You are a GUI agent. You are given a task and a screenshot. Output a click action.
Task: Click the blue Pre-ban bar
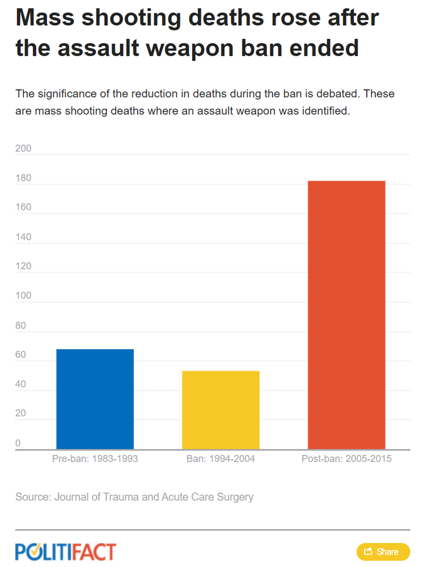(95, 399)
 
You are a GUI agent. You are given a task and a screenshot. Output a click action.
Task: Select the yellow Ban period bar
(221, 410)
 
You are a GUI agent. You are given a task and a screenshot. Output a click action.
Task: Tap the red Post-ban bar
(346, 315)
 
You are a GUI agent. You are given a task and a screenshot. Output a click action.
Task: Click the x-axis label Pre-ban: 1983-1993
(95, 459)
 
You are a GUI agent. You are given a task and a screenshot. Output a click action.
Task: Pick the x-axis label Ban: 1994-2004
(221, 459)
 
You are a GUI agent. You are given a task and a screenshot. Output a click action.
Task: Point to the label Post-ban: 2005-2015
(346, 459)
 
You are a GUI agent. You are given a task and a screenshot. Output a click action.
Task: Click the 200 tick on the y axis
(23, 148)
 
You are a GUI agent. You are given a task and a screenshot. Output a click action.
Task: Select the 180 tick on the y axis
(23, 178)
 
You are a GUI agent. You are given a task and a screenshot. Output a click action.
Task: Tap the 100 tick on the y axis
(23, 296)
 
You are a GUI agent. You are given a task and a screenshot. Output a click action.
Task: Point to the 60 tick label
(21, 354)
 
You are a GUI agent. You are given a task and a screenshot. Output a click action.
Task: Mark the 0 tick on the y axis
(18, 443)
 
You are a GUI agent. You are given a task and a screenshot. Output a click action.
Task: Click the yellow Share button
(383, 551)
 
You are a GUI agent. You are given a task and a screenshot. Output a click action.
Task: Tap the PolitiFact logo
(66, 552)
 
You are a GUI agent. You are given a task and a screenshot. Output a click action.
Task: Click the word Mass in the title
(45, 18)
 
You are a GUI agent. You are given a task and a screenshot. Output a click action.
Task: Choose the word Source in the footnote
(33, 497)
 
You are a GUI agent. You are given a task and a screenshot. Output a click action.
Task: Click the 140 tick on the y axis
(23, 237)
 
